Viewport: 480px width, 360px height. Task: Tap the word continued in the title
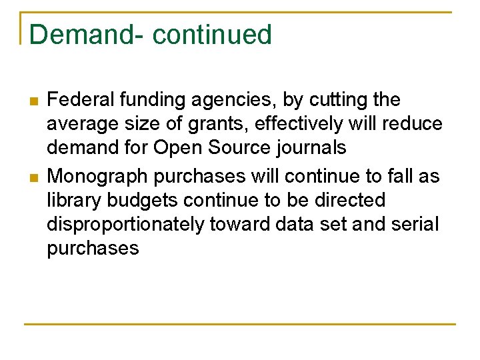[x=212, y=35]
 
